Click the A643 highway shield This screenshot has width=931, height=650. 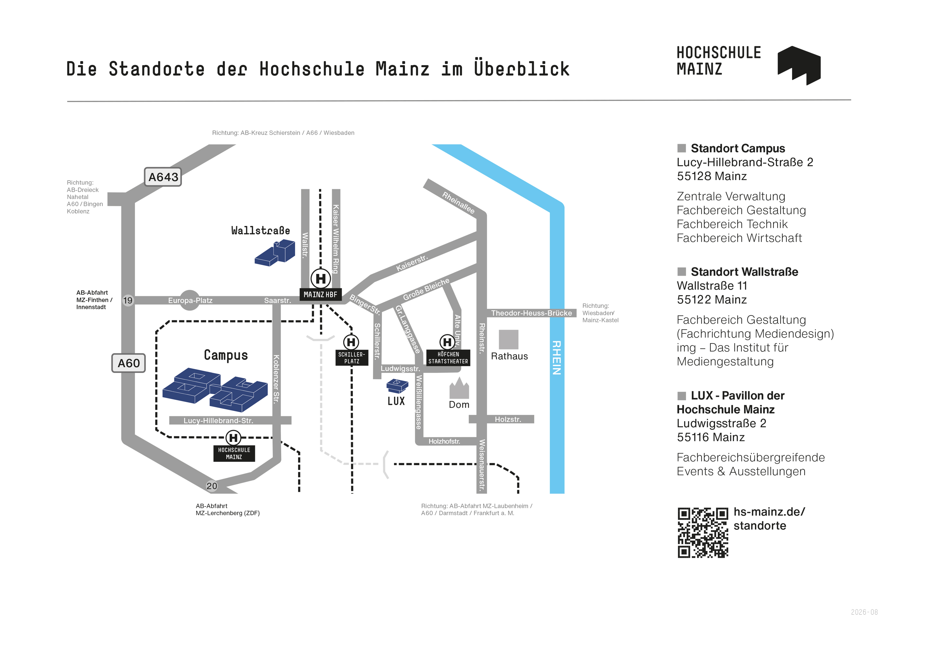pyautogui.click(x=163, y=177)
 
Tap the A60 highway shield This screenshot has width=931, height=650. pyautogui.click(x=129, y=363)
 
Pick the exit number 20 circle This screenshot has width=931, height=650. pyautogui.click(x=212, y=486)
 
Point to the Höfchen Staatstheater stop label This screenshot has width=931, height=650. pyautogui.click(x=448, y=358)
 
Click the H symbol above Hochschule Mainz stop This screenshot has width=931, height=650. pyautogui.click(x=233, y=438)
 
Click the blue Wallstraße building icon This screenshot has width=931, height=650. pyautogui.click(x=275, y=253)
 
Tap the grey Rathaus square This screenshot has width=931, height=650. pyautogui.click(x=509, y=339)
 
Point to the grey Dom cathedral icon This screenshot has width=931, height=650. pyautogui.click(x=459, y=388)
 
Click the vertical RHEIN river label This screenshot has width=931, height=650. pyautogui.click(x=557, y=358)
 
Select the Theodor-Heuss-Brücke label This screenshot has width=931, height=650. pyautogui.click(x=531, y=313)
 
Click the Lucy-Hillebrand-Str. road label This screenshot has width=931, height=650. pyautogui.click(x=218, y=421)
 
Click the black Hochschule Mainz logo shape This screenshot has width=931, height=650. pyautogui.click(x=799, y=65)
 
